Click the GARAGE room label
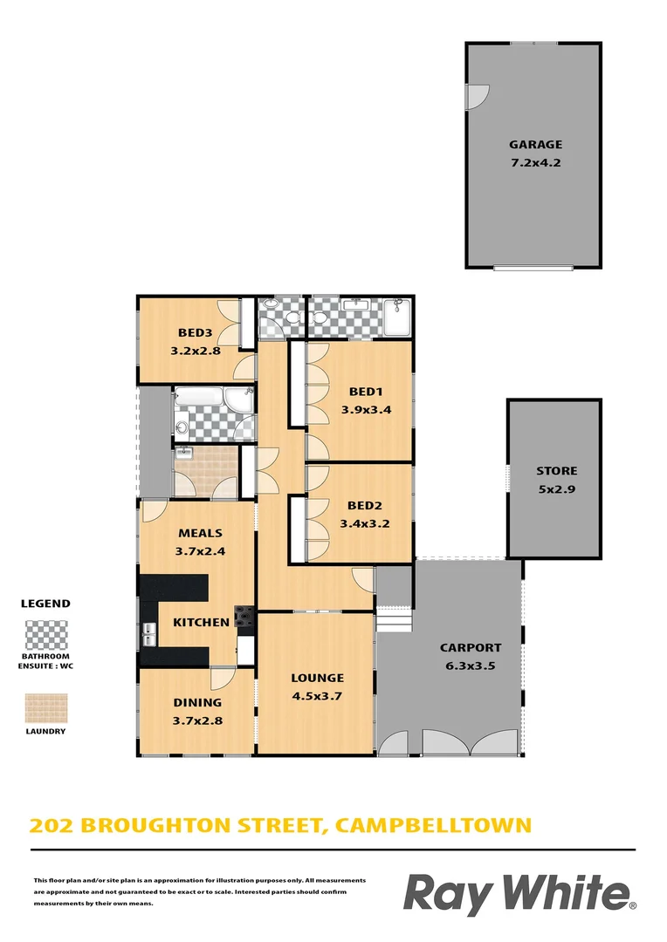(535, 145)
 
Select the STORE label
(556, 471)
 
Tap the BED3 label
(196, 332)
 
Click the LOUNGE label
(317, 678)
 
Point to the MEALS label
(200, 533)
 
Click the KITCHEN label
(201, 623)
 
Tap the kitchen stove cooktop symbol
(244, 618)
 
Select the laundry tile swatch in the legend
(45, 707)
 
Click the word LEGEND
(45, 603)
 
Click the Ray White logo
(519, 895)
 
